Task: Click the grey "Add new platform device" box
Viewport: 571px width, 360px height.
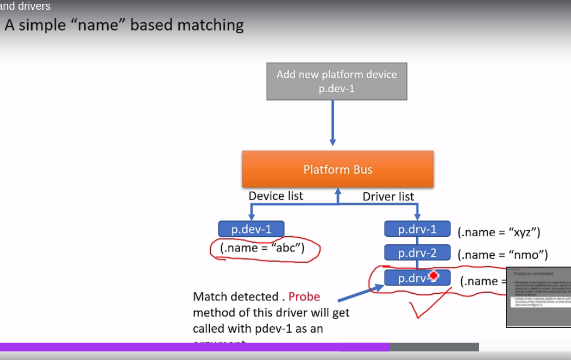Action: click(x=336, y=81)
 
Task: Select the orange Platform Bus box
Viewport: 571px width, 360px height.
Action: click(x=337, y=169)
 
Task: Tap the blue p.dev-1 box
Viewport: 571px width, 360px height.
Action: click(x=251, y=229)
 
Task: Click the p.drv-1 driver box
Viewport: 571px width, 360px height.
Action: click(x=417, y=229)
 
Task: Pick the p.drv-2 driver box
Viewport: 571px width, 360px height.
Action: click(x=417, y=252)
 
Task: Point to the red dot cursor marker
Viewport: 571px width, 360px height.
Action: click(x=433, y=276)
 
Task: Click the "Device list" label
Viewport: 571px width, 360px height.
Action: click(x=276, y=195)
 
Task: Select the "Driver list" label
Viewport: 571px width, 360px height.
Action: click(x=388, y=197)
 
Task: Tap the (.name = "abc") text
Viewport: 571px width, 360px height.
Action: click(x=262, y=248)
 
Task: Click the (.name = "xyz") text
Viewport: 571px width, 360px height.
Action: click(x=499, y=232)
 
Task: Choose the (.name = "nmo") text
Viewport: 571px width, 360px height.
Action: click(x=503, y=255)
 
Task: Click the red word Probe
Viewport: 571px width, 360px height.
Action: click(x=304, y=296)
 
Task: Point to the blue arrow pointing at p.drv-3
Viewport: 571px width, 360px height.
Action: click(x=359, y=293)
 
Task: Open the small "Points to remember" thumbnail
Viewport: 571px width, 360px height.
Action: click(x=538, y=297)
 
